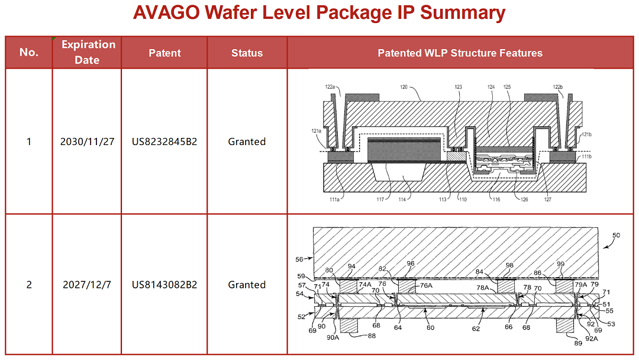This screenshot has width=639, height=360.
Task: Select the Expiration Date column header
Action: [88, 52]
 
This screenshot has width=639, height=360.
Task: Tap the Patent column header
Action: [164, 53]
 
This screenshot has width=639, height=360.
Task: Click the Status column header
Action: [247, 53]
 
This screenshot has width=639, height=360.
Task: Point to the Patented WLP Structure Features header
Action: [460, 53]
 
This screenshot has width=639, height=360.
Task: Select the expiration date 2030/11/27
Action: [88, 142]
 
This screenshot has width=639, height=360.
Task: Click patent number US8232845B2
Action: [164, 142]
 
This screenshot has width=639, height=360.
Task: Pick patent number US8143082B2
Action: [164, 285]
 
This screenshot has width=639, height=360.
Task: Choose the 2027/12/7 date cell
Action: [87, 285]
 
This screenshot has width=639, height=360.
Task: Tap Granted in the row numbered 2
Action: [247, 285]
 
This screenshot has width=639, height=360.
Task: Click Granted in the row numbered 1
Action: [247, 142]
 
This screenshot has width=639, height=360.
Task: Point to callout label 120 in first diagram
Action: [404, 86]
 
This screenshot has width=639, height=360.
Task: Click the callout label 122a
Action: [330, 87]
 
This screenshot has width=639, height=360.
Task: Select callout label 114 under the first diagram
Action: [402, 200]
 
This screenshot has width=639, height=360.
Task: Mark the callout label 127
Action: [547, 200]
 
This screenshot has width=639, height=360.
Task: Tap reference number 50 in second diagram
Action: [616, 235]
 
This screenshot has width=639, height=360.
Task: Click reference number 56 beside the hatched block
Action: [299, 259]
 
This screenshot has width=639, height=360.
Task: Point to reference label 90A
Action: [333, 337]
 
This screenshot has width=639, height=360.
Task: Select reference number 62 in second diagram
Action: [476, 328]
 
